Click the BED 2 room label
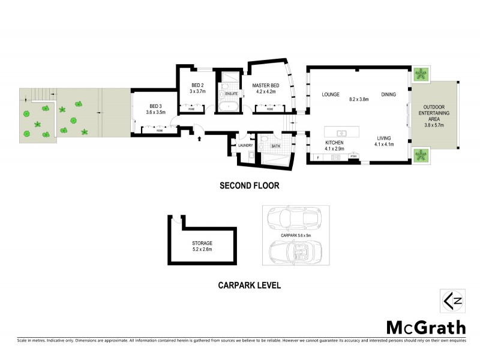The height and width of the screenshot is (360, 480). point(198,85)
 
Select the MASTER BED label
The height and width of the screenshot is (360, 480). point(265,85)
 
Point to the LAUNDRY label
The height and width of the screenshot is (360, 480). point(245,146)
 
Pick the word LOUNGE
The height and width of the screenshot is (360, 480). point(331,95)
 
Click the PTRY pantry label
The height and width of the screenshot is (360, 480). point(354,157)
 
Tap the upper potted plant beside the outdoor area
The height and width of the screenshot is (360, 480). point(422,74)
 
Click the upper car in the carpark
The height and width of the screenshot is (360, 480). point(293,220)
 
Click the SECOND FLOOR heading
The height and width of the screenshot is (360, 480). point(249,186)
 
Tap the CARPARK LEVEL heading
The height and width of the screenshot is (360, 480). point(249,286)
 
